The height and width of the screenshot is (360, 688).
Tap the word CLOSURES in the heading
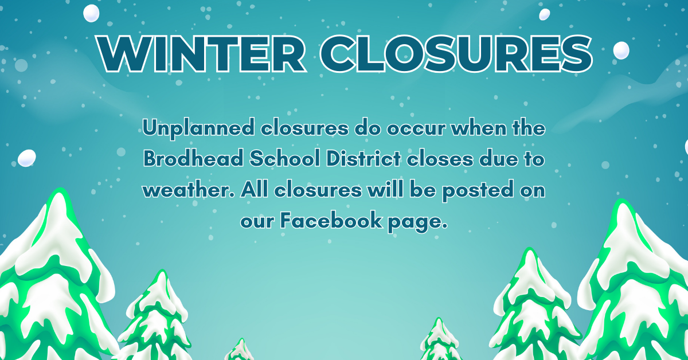click(x=459, y=53)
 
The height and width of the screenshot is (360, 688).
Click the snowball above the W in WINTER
click(x=92, y=12)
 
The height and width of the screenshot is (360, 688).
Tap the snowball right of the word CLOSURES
click(x=621, y=50)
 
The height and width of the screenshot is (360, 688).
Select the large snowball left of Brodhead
click(x=27, y=158)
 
